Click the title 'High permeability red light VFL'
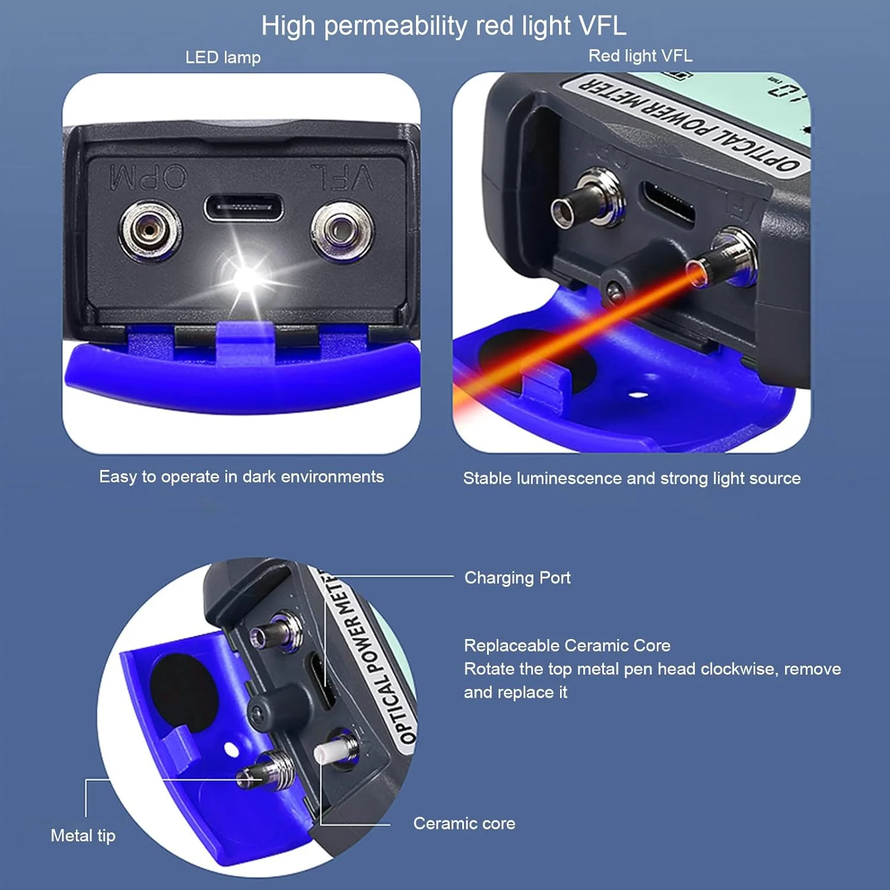tap(444, 26)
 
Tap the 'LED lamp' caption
tap(223, 58)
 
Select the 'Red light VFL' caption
tap(640, 56)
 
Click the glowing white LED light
tap(247, 276)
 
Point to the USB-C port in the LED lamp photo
tap(244, 208)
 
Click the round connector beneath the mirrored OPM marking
tap(151, 230)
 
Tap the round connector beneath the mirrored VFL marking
tap(342, 230)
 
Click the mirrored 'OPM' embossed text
tap(148, 177)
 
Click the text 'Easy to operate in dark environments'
tap(241, 477)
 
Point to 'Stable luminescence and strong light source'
tap(632, 478)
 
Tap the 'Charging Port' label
tap(517, 578)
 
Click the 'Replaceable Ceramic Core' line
tap(567, 646)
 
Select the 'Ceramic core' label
tap(464, 824)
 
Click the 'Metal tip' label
tap(83, 836)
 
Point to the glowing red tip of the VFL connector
tap(697, 274)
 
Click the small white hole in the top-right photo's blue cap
tap(638, 394)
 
